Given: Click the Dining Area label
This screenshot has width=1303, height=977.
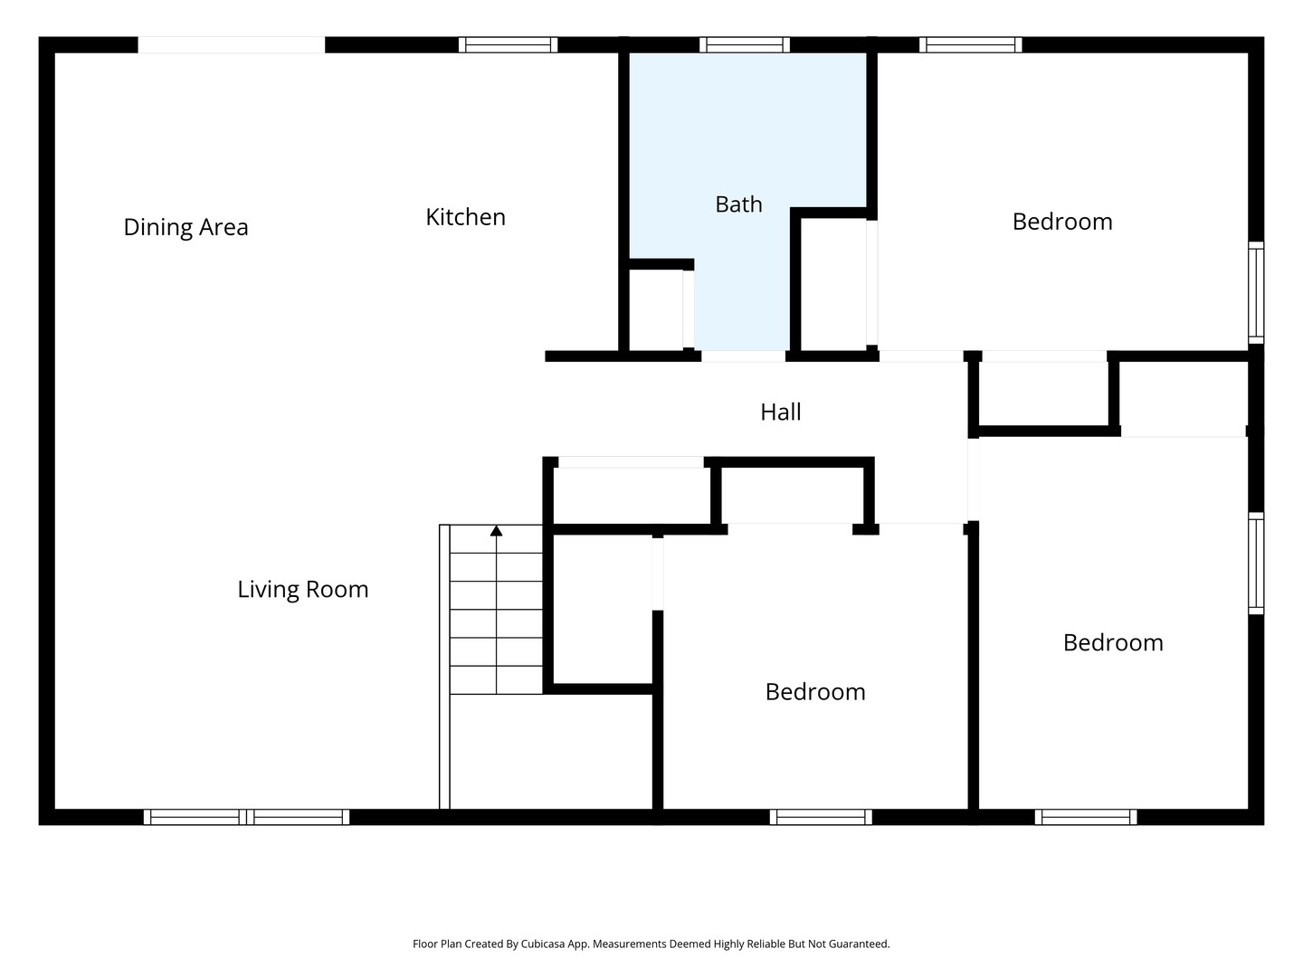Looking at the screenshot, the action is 185,227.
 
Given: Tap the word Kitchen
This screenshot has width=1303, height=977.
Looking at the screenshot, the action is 465,217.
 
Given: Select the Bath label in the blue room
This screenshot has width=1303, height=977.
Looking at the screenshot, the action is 738,204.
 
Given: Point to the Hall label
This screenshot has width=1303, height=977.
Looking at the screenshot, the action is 781,412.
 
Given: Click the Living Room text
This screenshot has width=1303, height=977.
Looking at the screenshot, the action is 303,590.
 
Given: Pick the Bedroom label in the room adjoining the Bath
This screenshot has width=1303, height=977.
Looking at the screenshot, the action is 1062,222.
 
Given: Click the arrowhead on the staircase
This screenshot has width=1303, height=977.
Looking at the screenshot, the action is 496,531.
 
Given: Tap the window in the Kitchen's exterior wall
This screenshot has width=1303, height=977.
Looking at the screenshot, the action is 508,45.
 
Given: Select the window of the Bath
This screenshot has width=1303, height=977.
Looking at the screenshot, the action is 745,45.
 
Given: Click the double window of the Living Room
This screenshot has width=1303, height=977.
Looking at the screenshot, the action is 246,817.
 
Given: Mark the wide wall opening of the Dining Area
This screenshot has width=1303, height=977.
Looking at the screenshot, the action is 232,45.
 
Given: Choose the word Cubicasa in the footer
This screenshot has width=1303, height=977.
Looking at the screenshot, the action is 543,944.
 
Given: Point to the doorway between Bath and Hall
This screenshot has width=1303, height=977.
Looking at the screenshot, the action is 743,356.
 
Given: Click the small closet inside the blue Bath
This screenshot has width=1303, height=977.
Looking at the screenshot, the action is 655,310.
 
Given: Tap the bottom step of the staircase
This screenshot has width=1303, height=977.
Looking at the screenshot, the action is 496,679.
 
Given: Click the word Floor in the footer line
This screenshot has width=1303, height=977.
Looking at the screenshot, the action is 424,944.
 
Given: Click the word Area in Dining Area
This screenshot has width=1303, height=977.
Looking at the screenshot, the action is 224,227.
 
